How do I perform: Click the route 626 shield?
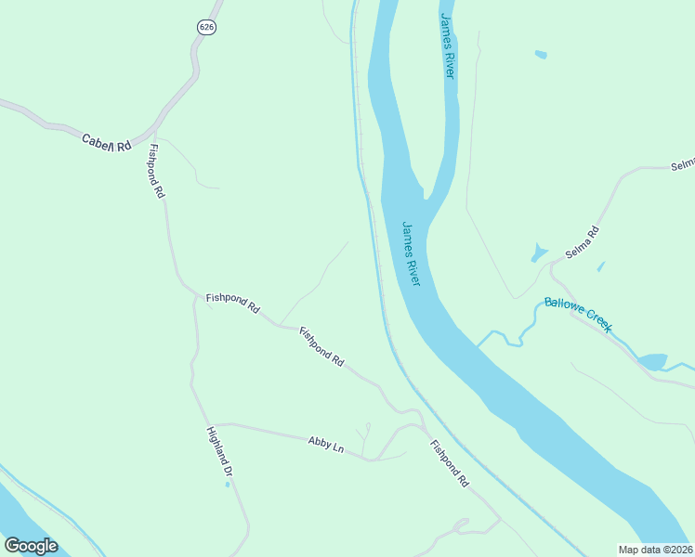[206, 27]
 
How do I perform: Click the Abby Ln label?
[325, 445]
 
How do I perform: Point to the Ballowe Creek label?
[578, 314]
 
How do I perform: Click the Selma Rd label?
[584, 243]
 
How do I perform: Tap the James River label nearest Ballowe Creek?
[412, 253]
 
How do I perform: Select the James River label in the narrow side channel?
[448, 45]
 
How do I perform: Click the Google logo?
[31, 546]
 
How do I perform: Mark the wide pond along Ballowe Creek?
[652, 361]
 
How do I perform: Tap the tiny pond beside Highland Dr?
[228, 484]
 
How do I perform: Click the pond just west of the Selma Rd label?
[539, 253]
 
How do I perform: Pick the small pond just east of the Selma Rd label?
[600, 266]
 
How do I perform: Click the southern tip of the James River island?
[426, 198]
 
